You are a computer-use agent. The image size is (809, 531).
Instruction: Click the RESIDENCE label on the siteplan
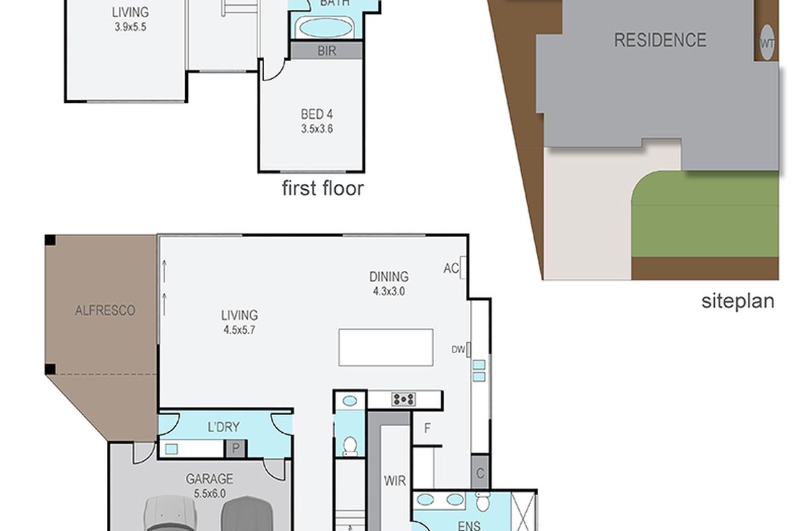click(x=660, y=40)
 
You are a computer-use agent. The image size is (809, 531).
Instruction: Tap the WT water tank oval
click(x=767, y=42)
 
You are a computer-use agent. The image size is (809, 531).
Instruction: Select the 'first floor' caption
click(x=323, y=189)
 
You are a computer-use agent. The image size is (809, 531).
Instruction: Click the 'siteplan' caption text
click(x=737, y=301)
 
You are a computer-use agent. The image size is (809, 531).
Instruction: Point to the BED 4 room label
click(x=317, y=115)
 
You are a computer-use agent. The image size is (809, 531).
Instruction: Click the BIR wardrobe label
click(x=327, y=51)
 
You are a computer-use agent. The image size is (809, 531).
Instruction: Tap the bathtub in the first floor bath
click(x=326, y=28)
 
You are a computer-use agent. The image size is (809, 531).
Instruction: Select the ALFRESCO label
click(x=105, y=310)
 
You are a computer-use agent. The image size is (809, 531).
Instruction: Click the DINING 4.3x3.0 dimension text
click(x=389, y=291)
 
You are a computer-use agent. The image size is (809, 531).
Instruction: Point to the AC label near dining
click(x=451, y=268)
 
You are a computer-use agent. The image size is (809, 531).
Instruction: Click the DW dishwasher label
click(x=458, y=349)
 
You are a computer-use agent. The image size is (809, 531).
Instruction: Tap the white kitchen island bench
click(x=386, y=347)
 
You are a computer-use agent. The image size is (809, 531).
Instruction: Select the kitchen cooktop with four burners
click(x=404, y=399)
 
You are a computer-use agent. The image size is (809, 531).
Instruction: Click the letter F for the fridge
click(x=427, y=428)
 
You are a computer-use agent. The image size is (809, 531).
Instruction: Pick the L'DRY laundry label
click(x=223, y=427)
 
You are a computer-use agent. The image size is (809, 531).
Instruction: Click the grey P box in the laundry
click(x=236, y=449)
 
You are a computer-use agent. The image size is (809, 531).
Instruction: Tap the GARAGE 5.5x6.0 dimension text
click(x=210, y=493)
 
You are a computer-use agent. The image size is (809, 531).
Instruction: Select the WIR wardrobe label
click(x=395, y=481)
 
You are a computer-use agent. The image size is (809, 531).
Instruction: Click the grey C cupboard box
click(x=480, y=473)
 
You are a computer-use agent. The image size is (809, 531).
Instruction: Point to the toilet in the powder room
click(x=350, y=446)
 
